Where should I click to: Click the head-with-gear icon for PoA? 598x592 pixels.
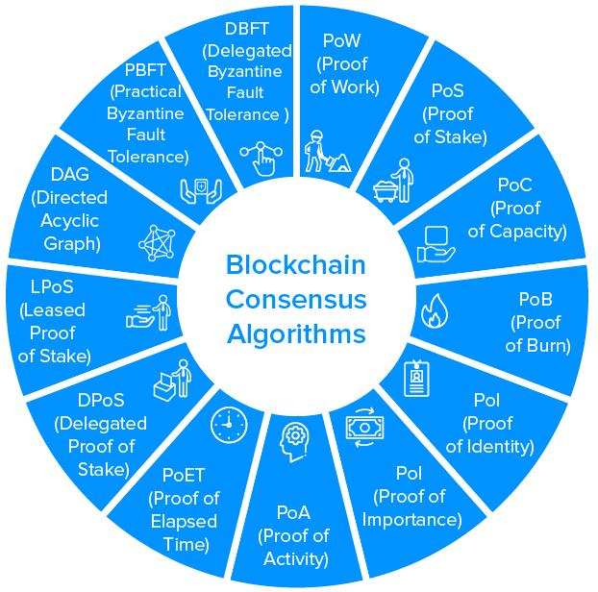tap(294, 442)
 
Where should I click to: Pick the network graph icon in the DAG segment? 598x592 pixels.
tap(158, 241)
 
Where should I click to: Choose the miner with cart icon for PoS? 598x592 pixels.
tap(393, 181)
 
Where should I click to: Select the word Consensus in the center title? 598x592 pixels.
tap(296, 299)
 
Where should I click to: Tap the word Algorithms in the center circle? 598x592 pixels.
tap(296, 333)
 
